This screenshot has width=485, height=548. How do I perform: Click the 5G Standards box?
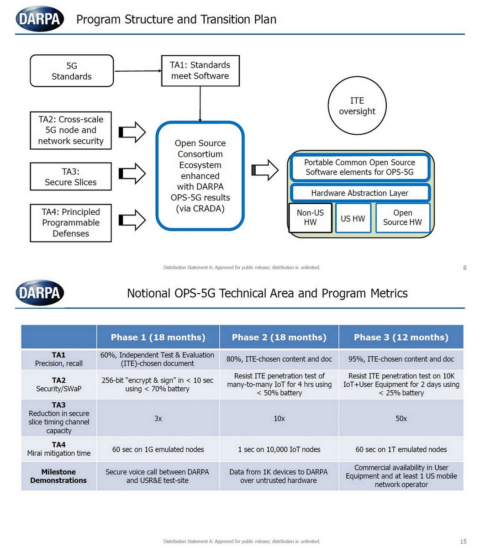coord(71,71)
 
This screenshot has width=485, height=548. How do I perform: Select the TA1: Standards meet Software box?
coord(200,70)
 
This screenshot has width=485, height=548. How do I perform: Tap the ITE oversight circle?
coord(357,106)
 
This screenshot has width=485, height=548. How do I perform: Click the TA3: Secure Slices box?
coord(71,177)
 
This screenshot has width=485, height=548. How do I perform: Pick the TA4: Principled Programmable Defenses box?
coord(71,223)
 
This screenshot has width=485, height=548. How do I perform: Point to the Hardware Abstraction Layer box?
coord(359,193)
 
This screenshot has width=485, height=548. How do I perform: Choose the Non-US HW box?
coord(310,217)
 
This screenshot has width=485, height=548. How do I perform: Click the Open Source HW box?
coord(402,217)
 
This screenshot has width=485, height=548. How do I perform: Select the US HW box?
coord(353,218)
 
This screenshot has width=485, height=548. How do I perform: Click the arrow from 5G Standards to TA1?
coord(137,71)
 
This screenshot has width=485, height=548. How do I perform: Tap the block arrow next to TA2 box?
coord(132,132)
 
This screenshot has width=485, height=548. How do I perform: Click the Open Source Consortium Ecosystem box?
coord(200,176)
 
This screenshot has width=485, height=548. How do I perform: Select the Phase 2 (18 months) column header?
coord(279,337)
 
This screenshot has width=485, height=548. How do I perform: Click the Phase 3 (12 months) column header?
coord(401,337)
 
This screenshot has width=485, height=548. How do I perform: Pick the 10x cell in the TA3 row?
coord(279,418)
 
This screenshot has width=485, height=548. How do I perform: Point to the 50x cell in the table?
coord(401,418)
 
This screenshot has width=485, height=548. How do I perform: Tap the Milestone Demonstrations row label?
coord(58,476)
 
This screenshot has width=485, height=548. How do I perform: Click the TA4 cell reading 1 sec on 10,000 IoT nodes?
coord(279,449)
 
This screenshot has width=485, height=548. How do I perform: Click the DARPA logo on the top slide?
coord(40,19)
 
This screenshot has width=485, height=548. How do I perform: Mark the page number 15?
coord(463,542)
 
